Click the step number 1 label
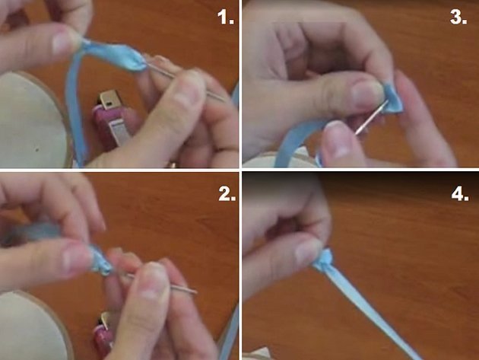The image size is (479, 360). tap(226, 18)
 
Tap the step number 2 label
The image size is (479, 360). tap(227, 193)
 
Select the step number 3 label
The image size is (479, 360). tap(458, 17)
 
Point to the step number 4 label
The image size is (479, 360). tap(460, 193)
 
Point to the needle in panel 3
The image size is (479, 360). tap(372, 117)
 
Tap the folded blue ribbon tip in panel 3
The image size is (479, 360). tap(392, 97)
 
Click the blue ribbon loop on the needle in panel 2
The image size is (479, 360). tap(102, 260)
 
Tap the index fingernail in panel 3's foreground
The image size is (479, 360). tap(338, 139)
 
